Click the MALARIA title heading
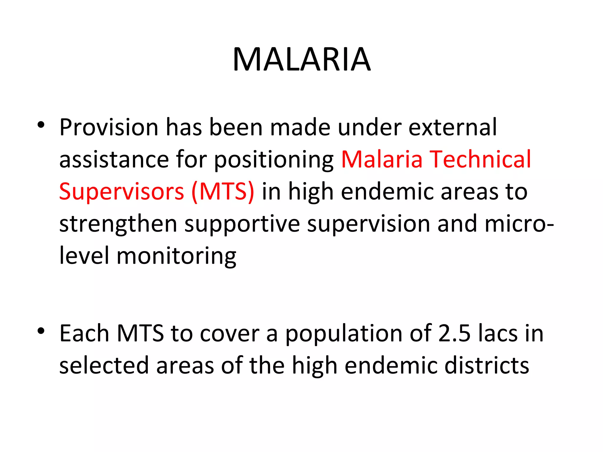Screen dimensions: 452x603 (301, 60)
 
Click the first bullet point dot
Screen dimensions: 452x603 (41, 125)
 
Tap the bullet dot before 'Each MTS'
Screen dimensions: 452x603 (41, 331)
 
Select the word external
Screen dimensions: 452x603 (453, 127)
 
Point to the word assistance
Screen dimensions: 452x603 (114, 160)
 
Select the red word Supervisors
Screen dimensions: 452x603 (122, 192)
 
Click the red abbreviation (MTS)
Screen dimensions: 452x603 (223, 192)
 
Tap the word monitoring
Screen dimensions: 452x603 (176, 256)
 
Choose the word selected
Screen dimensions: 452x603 (104, 366)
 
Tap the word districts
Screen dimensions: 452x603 (487, 366)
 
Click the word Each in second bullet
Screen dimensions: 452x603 (85, 334)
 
